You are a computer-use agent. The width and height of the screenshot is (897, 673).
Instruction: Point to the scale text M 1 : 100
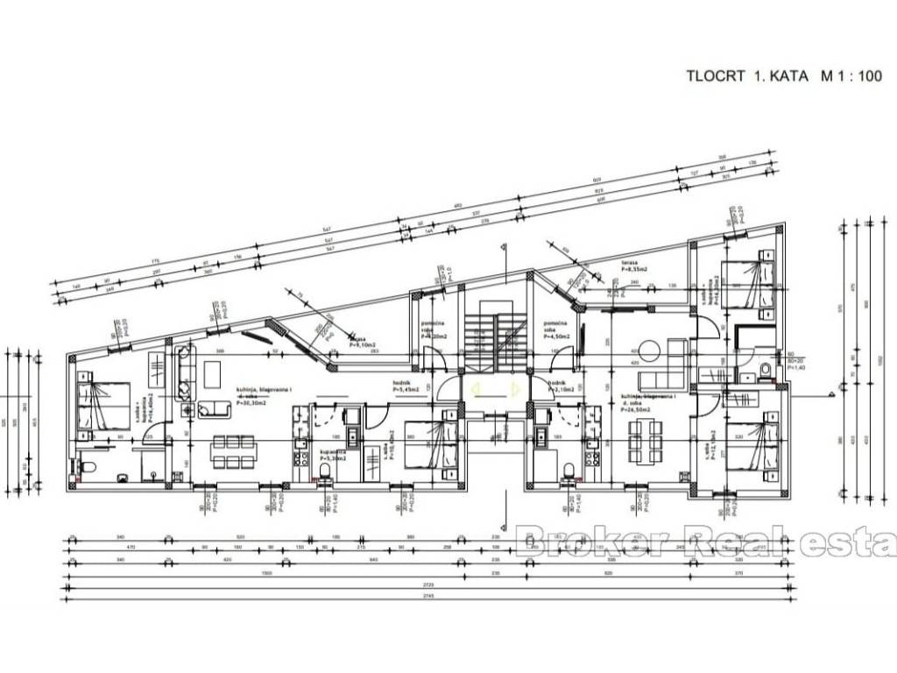pos(851,76)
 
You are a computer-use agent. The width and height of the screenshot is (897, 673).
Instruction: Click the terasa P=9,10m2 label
pos(357,343)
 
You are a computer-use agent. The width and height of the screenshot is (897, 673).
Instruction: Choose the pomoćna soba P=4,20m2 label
pos(434,329)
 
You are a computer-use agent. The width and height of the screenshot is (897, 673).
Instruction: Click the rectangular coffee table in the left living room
pos(214,374)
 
